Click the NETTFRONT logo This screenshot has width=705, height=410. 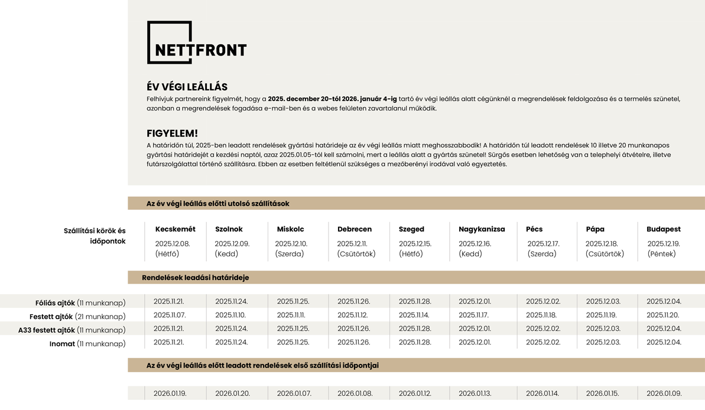tap(196, 43)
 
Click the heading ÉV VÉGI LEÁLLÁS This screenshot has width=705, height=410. tap(187, 87)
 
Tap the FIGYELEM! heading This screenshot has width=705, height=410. tap(172, 134)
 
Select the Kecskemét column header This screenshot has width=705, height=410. tap(175, 229)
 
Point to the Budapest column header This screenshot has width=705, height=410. tap(663, 229)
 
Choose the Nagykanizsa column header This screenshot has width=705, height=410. tap(482, 229)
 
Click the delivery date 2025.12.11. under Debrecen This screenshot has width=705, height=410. tap(352, 243)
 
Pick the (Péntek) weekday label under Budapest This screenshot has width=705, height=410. tap(661, 254)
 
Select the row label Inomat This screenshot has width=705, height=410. tap(62, 344)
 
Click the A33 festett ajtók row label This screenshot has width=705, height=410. tap(47, 330)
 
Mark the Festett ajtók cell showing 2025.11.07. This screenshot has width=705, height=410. tap(170, 315)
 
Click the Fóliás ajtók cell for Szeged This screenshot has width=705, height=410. tap(415, 302)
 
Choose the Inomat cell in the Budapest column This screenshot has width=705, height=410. tap(664, 343)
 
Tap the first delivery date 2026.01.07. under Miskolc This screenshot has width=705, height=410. tap(293, 393)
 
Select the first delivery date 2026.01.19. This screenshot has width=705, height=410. tap(170, 393)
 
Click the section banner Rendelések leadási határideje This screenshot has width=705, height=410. tap(195, 278)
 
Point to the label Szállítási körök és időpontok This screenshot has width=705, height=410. tap(95, 236)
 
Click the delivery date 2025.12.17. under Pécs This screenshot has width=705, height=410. tap(543, 243)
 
